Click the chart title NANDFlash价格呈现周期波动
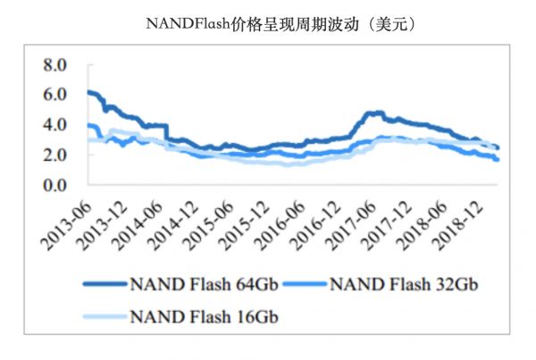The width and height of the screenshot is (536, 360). point(268,24)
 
